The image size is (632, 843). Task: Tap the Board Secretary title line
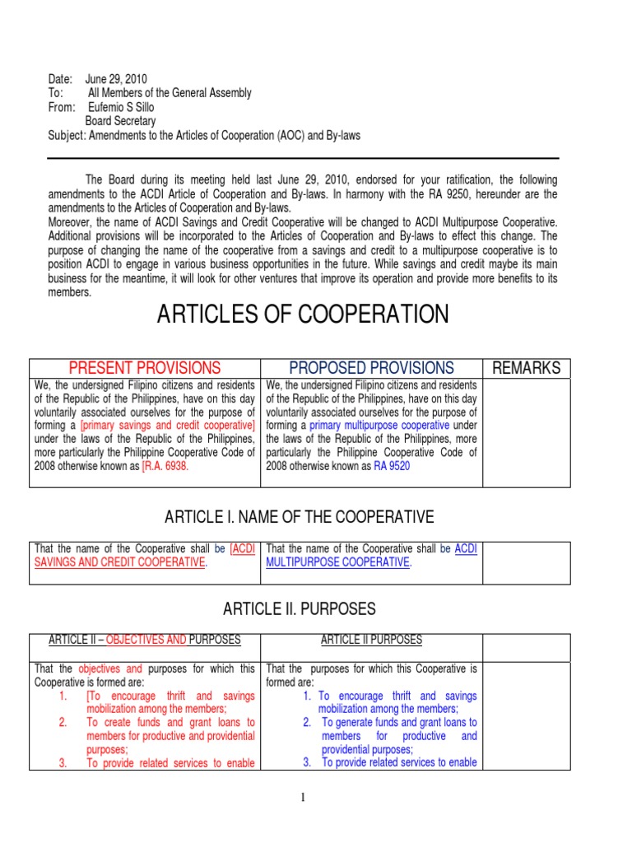click(x=120, y=121)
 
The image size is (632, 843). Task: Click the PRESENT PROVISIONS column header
click(x=144, y=368)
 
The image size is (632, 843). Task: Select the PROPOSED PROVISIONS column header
click(x=371, y=368)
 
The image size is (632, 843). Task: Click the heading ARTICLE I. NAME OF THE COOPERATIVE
click(x=299, y=517)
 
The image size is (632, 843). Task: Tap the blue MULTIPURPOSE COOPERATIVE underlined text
click(x=337, y=562)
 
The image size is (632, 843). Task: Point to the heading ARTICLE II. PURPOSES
click(x=300, y=609)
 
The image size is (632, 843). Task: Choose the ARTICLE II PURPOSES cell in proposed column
click(x=371, y=640)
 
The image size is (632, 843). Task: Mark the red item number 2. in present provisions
click(x=63, y=723)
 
